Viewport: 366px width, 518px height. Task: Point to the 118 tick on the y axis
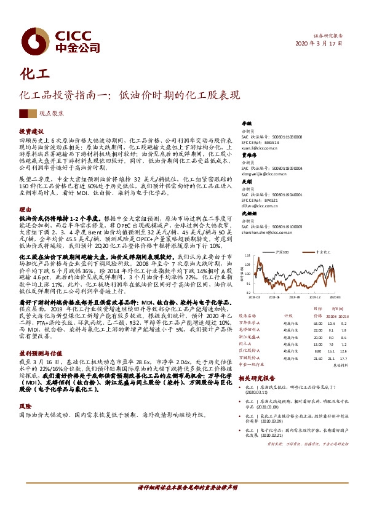(x=247, y=255)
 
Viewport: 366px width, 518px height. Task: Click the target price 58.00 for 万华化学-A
(x=317, y=322)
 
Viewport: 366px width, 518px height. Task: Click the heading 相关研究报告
(x=257, y=378)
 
